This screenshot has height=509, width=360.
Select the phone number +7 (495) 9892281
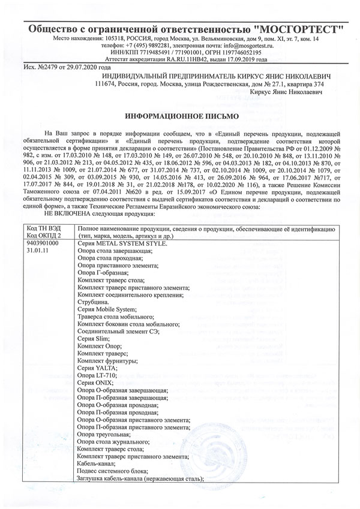tap(148, 45)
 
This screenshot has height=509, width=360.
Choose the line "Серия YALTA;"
tap(97, 368)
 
